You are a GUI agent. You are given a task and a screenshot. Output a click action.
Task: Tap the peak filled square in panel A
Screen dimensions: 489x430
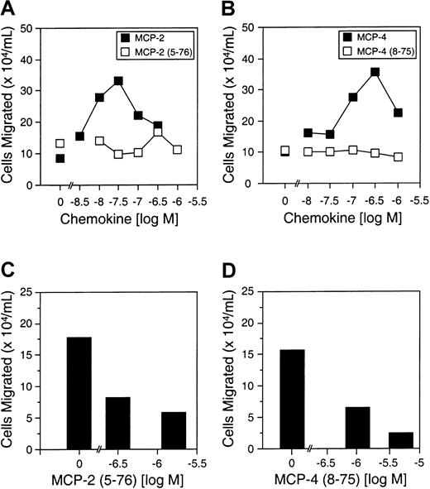coord(118,81)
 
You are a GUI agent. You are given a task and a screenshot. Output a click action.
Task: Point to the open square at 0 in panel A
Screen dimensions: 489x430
coord(60,143)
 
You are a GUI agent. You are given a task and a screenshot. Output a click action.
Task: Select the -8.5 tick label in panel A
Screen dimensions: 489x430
coord(80,199)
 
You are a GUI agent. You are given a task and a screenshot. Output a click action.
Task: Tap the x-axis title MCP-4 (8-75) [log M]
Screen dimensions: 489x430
coord(339,479)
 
